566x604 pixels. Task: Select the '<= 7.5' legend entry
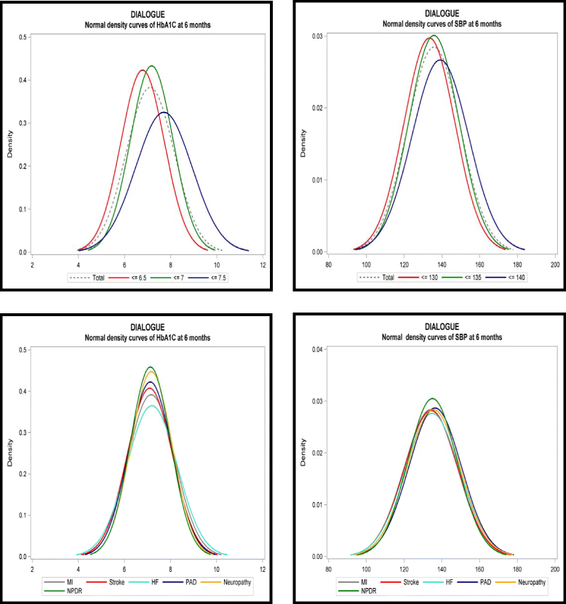(x=215, y=278)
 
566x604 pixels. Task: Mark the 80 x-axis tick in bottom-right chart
(x=328, y=569)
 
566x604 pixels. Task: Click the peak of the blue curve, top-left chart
(x=164, y=113)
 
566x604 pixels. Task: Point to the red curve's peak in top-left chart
(x=142, y=71)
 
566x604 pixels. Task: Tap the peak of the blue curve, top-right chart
(x=441, y=60)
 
